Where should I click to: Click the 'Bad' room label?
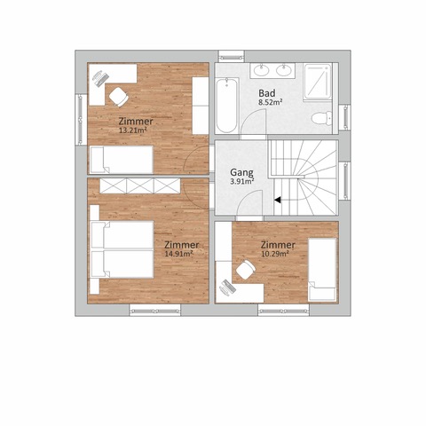pyautogui.click(x=267, y=93)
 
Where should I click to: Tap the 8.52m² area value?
pyautogui.click(x=270, y=102)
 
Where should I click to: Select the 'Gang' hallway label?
pyautogui.click(x=241, y=172)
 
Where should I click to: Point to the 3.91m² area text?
pyautogui.click(x=242, y=181)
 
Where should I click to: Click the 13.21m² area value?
pyautogui.click(x=133, y=130)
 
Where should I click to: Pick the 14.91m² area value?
pyautogui.click(x=179, y=254)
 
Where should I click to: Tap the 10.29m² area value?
pyautogui.click(x=275, y=254)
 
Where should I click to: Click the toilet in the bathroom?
pyautogui.click(x=321, y=118)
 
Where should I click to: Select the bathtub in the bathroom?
pyautogui.click(x=227, y=105)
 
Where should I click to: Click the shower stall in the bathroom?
pyautogui.click(x=318, y=82)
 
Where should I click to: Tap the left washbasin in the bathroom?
pyautogui.click(x=262, y=70)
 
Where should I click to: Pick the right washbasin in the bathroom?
pyautogui.click(x=284, y=70)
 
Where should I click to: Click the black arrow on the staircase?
pyautogui.click(x=278, y=200)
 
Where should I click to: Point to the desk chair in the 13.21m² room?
pyautogui.click(x=119, y=96)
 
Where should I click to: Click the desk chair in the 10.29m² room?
pyautogui.click(x=246, y=270)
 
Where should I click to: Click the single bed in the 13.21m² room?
pyautogui.click(x=122, y=159)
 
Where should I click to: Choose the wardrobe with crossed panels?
pyautogui.click(x=140, y=185)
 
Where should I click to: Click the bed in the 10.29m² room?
pyautogui.click(x=322, y=270)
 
